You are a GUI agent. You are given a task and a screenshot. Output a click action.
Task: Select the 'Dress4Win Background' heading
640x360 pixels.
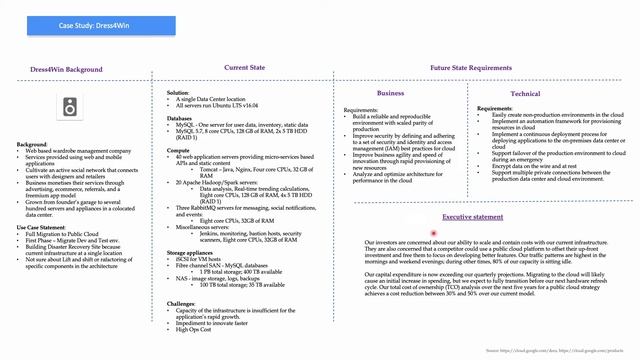pyautogui.click(x=69, y=70)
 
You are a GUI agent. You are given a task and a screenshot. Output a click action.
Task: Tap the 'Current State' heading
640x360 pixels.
pyautogui.click(x=244, y=67)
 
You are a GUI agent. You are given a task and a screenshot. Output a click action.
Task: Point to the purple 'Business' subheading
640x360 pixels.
pyautogui.click(x=390, y=93)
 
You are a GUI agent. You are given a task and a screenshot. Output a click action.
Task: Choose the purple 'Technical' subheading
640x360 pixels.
pyautogui.click(x=524, y=93)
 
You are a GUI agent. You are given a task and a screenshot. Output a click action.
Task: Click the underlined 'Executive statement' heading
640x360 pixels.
pyautogui.click(x=472, y=216)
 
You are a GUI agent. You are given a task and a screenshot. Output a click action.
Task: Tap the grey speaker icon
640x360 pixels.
pyautogui.click(x=70, y=107)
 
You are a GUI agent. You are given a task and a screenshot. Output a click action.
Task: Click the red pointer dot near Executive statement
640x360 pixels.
pyautogui.click(x=433, y=233)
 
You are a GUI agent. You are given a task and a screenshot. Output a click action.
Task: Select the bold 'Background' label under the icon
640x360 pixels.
pyautogui.click(x=32, y=144)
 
